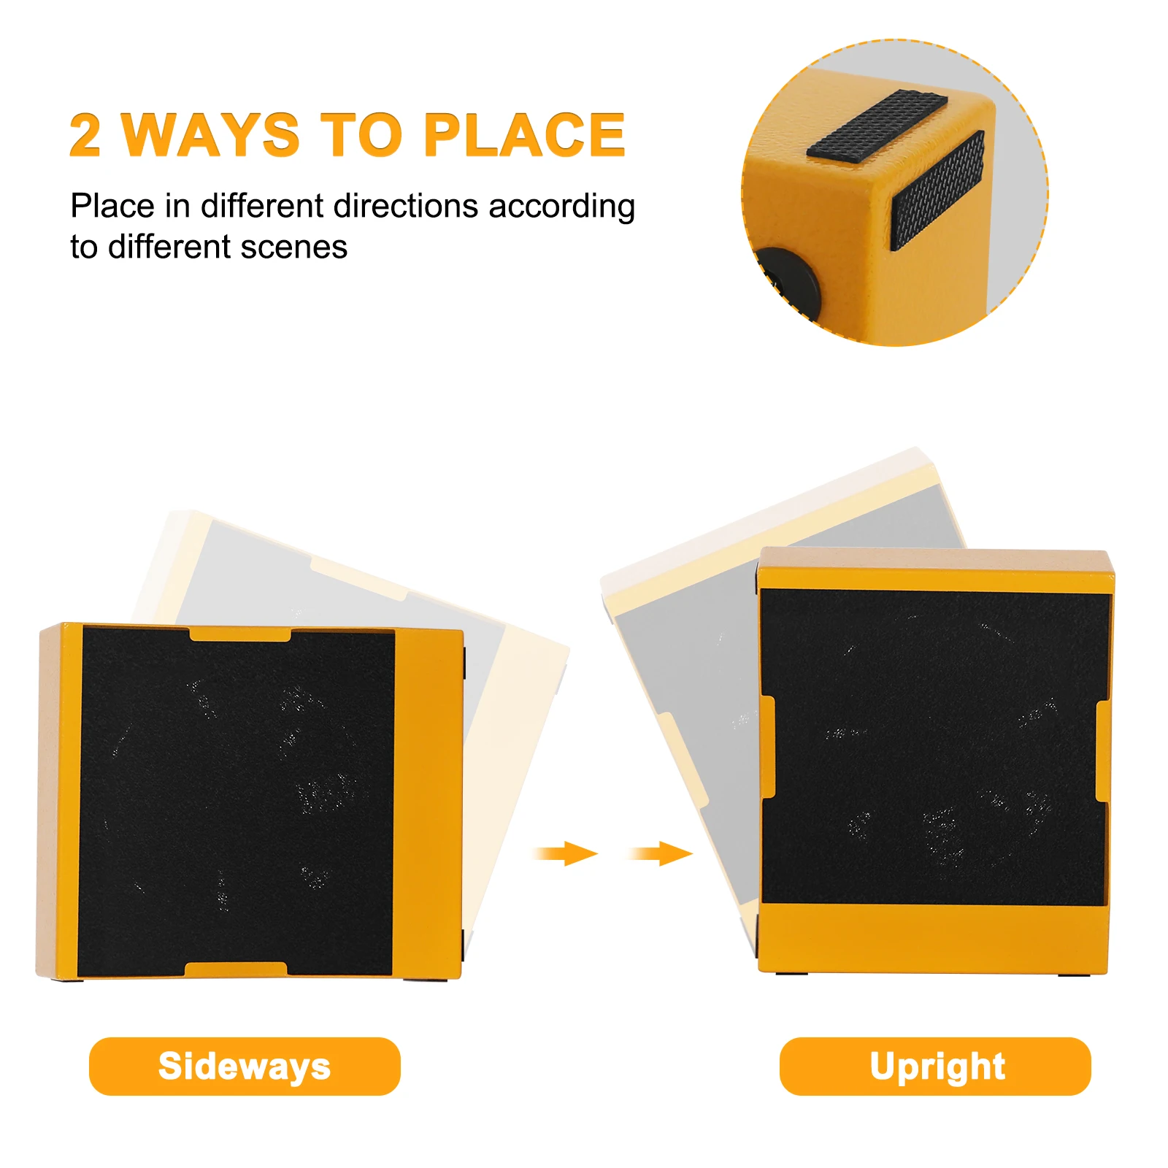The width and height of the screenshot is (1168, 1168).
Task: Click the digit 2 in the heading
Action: pyautogui.click(x=85, y=135)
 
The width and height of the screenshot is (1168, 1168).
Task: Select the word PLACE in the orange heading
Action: pyautogui.click(x=524, y=135)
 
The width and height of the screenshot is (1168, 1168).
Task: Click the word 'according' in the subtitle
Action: pyautogui.click(x=562, y=207)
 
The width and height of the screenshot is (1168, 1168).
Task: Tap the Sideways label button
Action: pyautogui.click(x=245, y=1066)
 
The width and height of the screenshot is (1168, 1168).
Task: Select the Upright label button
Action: pyautogui.click(x=935, y=1066)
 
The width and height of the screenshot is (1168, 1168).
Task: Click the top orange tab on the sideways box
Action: pyautogui.click(x=240, y=634)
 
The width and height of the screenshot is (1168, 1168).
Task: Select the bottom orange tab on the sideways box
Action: pyautogui.click(x=236, y=969)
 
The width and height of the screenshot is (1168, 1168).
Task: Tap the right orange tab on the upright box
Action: pyautogui.click(x=1103, y=751)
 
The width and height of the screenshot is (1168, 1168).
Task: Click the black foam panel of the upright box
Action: pyautogui.click(x=934, y=748)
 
